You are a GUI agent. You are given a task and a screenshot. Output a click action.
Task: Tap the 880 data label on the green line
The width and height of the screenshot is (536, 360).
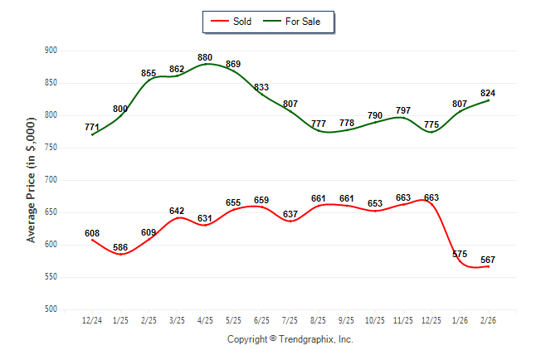click(x=205, y=57)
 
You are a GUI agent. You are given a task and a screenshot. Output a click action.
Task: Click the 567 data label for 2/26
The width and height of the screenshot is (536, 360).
click(x=488, y=260)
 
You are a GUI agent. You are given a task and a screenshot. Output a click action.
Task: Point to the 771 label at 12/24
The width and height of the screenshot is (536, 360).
click(x=92, y=127)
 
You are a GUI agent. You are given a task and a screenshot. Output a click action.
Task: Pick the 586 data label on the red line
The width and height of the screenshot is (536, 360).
click(x=120, y=247)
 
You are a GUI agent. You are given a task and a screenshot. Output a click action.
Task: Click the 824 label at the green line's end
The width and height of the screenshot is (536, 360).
click(x=488, y=93)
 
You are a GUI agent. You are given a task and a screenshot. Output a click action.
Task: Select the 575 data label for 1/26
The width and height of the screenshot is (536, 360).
click(x=460, y=254)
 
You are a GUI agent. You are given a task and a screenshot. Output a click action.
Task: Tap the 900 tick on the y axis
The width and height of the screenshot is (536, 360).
click(x=51, y=51)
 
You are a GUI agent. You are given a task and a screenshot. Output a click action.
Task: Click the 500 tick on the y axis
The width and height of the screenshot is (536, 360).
click(x=51, y=309)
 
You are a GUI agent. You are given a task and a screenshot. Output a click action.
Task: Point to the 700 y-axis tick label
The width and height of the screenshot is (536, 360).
click(x=51, y=180)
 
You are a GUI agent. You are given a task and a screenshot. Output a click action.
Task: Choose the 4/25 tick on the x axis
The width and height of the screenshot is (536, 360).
click(x=205, y=320)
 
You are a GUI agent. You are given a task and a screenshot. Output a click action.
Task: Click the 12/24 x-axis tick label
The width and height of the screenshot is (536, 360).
click(x=92, y=320)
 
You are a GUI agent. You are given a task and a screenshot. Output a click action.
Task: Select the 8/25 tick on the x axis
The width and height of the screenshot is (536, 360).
click(x=318, y=320)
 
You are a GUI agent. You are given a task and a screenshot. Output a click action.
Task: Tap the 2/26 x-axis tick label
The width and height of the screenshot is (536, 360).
click(x=487, y=320)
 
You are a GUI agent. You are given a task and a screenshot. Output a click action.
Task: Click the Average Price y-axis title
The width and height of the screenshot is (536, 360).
click(x=32, y=180)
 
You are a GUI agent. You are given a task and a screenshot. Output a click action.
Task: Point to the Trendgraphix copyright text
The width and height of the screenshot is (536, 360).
click(x=290, y=339)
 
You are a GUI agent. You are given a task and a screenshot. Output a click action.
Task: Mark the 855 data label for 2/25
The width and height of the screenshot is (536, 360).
click(x=149, y=73)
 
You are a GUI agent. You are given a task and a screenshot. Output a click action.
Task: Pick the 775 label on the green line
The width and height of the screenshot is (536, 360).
click(x=431, y=125)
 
